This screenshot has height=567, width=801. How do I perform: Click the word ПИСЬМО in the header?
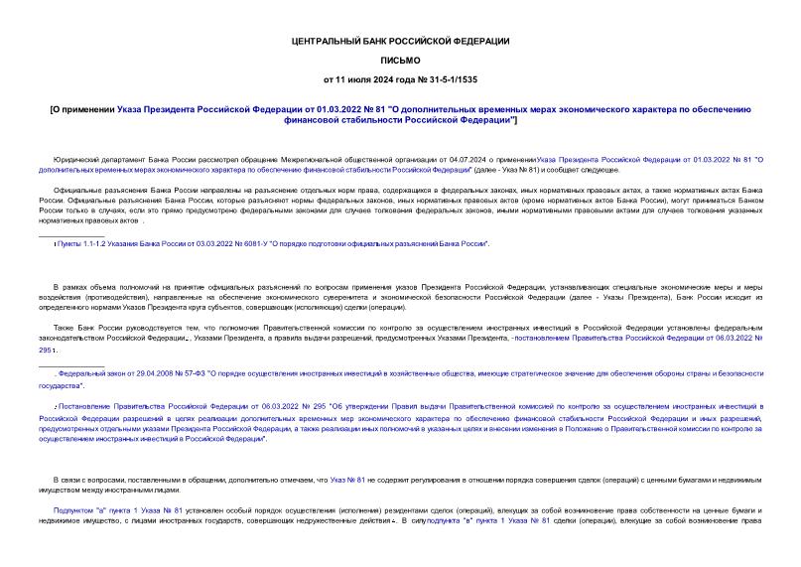(400, 60)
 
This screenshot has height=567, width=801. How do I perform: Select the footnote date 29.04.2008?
(147, 372)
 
